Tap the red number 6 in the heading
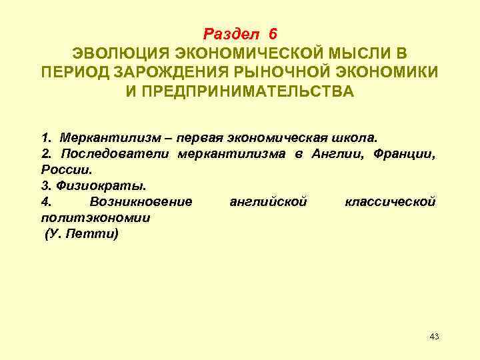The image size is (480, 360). pos(272,33)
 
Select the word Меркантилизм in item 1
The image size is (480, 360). pos(101,137)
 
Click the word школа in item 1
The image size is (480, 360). pos(357,137)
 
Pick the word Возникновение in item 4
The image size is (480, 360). pos(140,201)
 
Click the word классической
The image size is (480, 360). pos(391,201)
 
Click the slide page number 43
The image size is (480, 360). pos(434,336)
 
